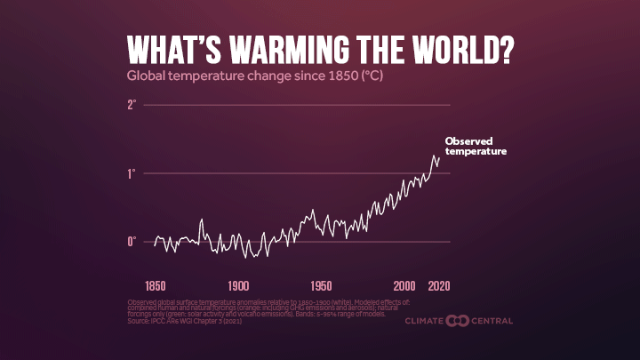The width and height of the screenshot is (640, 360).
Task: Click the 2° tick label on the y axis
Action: pos(132,105)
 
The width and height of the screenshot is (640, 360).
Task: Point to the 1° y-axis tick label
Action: pos(132,173)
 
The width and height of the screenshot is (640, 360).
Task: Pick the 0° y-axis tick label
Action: pos(132,242)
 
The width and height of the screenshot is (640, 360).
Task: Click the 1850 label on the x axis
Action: pos(155,286)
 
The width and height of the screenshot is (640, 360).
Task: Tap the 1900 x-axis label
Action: pos(238,286)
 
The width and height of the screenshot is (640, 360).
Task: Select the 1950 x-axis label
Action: pos(321,286)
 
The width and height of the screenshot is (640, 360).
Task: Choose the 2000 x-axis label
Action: pos(404,286)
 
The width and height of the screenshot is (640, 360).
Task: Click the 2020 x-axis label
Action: pos(438,286)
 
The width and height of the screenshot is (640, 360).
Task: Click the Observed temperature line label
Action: pos(475,147)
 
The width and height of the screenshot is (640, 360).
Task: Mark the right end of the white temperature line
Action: pos(439,158)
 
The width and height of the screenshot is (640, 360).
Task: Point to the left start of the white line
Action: pos(154,244)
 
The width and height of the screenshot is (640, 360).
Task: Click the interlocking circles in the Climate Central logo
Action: pos(460,320)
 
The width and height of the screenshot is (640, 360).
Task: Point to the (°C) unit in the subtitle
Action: pos(372,76)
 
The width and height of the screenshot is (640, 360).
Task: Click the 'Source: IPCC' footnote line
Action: pos(185,320)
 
